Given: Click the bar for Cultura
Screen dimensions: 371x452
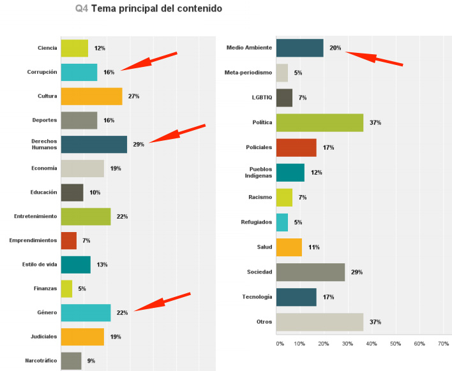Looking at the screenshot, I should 91,96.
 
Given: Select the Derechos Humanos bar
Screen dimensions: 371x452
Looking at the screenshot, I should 94,144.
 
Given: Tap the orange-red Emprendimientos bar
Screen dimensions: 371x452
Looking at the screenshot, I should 68,240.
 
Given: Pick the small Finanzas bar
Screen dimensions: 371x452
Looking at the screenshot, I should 66,289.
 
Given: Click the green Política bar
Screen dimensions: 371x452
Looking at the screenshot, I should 319,122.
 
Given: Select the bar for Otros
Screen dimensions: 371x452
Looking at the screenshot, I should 319,322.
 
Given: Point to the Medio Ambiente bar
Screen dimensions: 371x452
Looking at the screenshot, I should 299,48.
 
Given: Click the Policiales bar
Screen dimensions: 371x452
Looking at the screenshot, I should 296,147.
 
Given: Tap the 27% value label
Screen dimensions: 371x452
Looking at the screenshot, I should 133,96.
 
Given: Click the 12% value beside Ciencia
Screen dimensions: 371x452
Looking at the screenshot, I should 100,48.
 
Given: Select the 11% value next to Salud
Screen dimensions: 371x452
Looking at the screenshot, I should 313,247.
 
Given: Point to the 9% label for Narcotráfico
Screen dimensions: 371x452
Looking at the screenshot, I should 91,361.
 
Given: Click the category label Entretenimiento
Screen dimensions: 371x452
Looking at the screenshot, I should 36,216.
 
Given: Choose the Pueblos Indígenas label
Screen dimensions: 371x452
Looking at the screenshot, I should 254,172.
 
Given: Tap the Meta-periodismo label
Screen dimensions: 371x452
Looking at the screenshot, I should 248,73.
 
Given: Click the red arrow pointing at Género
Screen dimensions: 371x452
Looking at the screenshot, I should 162,302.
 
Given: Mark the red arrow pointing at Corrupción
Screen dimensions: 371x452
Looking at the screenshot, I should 148,62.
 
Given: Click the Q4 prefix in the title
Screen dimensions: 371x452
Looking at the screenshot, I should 82,8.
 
